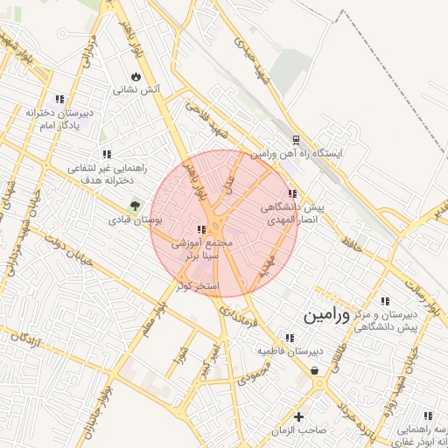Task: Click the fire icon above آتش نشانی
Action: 136,77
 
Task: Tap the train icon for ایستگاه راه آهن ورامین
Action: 297,139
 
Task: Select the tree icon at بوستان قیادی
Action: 136,206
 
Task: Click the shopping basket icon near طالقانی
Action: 315,372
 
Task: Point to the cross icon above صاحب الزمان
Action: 299,416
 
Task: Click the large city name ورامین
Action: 326,316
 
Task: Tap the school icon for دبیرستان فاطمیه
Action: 290,338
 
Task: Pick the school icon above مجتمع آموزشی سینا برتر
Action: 202,229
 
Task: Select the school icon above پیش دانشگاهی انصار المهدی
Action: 292,193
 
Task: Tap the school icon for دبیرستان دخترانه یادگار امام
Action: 59,99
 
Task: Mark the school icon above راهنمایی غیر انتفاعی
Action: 107,154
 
